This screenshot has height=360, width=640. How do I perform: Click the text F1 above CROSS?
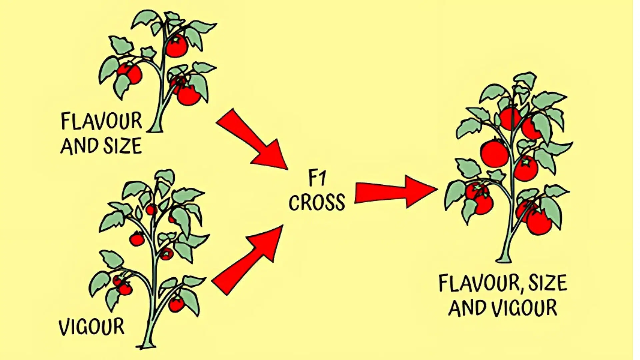316,179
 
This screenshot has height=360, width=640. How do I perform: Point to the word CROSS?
317,202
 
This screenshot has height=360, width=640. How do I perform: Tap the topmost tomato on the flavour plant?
177,46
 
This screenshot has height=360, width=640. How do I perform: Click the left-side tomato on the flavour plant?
130,73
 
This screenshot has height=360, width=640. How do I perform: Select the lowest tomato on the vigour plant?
176,304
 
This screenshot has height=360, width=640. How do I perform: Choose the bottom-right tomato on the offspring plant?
539,222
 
